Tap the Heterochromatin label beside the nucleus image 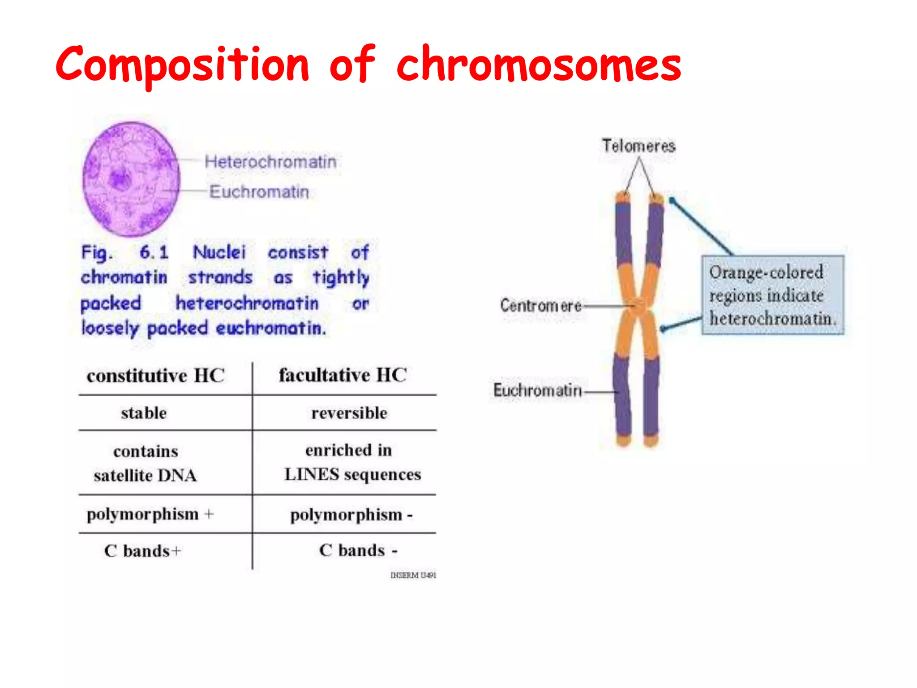[x=270, y=162]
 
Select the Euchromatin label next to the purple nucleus [x=259, y=192]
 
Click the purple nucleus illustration [x=131, y=180]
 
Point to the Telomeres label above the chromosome [x=638, y=146]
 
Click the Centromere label [x=541, y=305]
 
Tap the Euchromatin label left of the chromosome [x=537, y=390]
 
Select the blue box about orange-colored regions [x=772, y=295]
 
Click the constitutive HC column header [x=155, y=375]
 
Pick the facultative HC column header [x=343, y=375]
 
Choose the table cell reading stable [x=144, y=413]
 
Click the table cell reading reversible [x=349, y=413]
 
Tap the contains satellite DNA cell [x=146, y=463]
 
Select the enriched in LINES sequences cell [x=352, y=462]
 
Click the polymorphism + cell [x=150, y=514]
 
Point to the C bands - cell [x=358, y=550]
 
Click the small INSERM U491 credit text [x=413, y=575]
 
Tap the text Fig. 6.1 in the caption [x=124, y=253]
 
